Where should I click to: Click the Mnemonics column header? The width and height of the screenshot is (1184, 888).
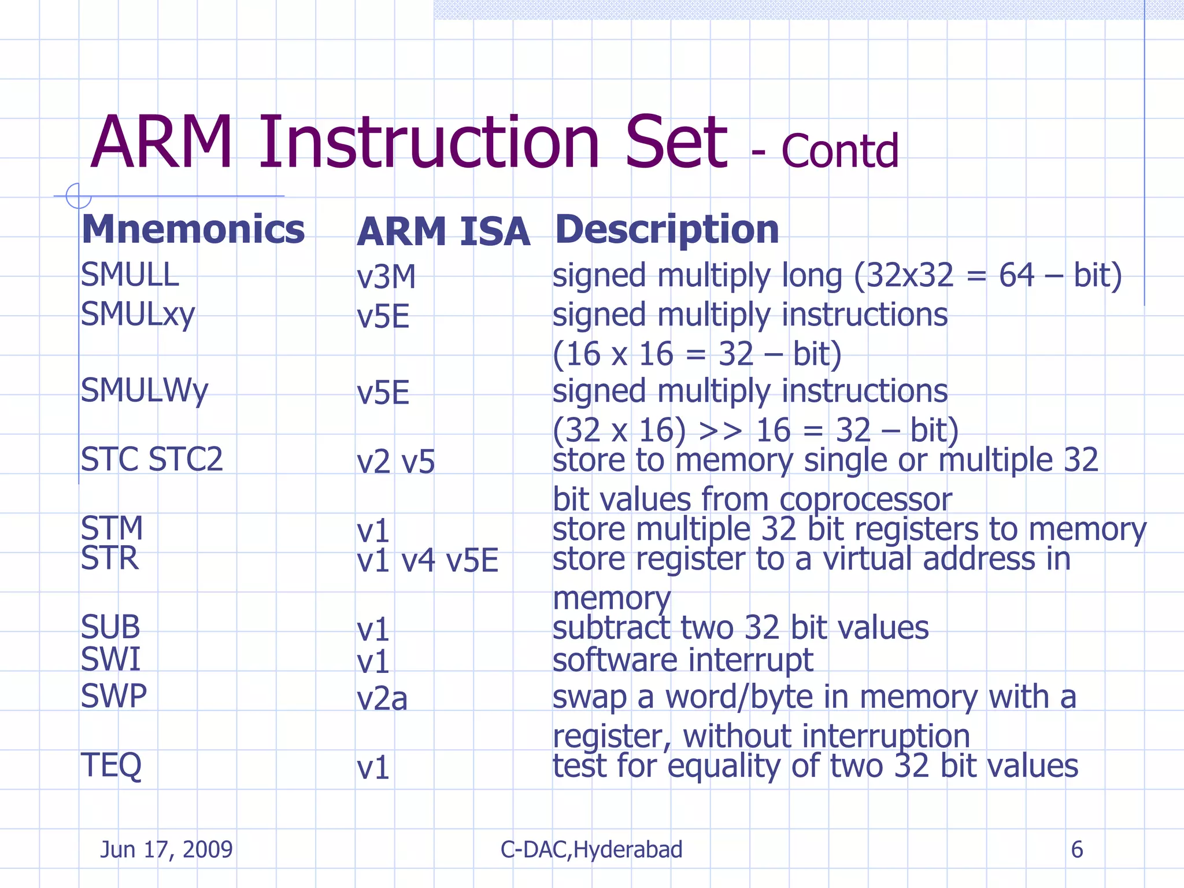tap(193, 230)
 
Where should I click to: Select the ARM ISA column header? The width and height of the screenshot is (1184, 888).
tap(443, 232)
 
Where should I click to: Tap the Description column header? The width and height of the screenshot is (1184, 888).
tap(667, 230)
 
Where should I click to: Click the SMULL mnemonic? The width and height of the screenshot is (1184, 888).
tap(129, 275)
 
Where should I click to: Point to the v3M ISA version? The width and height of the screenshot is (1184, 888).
tap(386, 277)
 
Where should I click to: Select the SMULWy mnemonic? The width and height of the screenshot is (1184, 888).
tap(144, 391)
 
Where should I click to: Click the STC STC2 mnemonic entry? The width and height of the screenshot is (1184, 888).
tap(151, 460)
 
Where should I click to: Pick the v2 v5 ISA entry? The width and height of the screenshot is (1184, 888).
tap(395, 462)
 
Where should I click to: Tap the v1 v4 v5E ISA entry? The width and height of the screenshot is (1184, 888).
tap(427, 561)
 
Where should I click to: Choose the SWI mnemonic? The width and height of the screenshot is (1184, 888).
tap(110, 660)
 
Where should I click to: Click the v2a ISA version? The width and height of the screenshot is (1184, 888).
tap(382, 699)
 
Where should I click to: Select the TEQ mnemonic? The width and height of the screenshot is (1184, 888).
tap(111, 765)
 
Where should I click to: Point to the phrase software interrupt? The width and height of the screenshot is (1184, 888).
tap(683, 660)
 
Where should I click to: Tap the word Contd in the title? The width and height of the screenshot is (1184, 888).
tap(839, 151)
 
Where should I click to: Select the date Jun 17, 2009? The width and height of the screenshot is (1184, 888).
tap(166, 850)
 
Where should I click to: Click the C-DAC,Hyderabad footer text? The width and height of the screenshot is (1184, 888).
tap(591, 850)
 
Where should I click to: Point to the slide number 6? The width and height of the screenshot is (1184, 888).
tap(1076, 850)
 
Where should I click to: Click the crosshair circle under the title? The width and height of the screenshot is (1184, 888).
tap(78, 195)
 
